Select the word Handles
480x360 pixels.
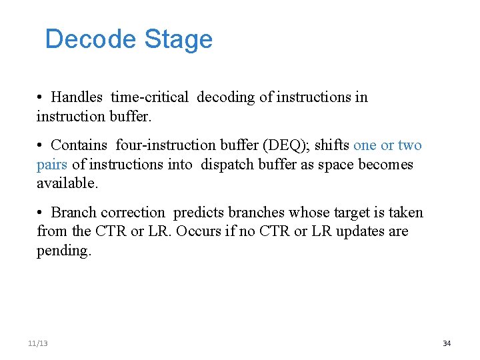pos(77,97)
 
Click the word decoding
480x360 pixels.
pos(225,97)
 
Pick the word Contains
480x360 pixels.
pos(80,145)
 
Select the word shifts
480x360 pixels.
pos(332,145)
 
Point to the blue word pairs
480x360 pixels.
pos(52,164)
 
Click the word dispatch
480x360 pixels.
pos(227,164)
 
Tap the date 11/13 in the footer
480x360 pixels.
pos(38,343)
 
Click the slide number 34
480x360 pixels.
pos(447,343)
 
